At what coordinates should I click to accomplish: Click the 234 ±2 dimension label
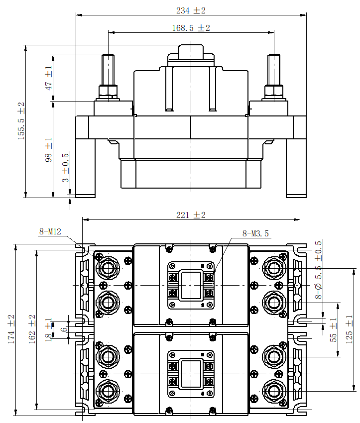pos(191,10)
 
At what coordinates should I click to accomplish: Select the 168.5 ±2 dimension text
pos(191,28)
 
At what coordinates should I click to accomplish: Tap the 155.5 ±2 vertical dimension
pos(21,121)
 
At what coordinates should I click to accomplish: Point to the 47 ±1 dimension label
pos(48,78)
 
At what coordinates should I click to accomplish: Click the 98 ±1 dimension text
pos(48,150)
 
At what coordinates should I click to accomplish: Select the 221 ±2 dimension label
pos(191,215)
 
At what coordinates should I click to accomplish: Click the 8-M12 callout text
pos(50,231)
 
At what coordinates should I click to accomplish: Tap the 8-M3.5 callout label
pos(255,233)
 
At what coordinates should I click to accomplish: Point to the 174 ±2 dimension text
pos(11,329)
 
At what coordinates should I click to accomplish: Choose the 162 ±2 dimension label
pos(32,329)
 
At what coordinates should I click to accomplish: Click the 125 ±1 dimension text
pos(349,329)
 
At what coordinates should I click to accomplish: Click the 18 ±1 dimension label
pos(48,329)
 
